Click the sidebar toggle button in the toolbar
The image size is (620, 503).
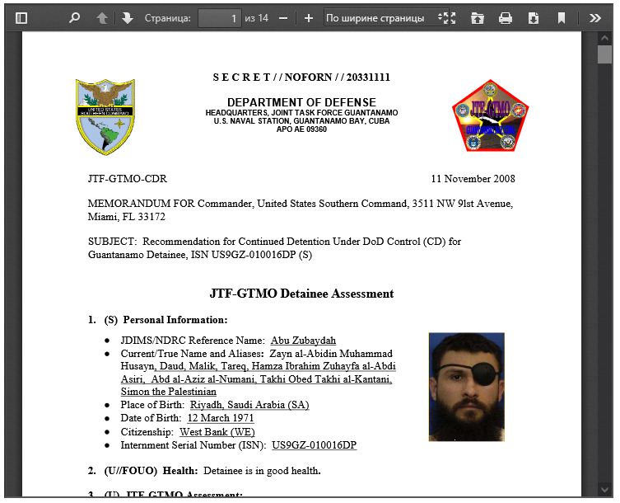(x=21, y=18)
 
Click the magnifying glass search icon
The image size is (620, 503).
(x=74, y=18)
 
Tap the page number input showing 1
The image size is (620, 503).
(x=219, y=18)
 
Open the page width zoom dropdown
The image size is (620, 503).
(x=380, y=18)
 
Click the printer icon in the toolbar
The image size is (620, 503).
(x=506, y=18)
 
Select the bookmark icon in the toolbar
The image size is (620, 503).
(x=562, y=18)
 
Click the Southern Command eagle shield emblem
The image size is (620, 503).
(x=105, y=116)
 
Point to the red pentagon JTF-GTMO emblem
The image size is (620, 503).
(x=490, y=116)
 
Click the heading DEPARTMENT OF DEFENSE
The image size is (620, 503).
(x=301, y=102)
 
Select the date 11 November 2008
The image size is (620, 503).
(x=473, y=179)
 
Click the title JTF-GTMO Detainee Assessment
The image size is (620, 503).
(x=301, y=294)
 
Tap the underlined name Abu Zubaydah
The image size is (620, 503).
(x=303, y=341)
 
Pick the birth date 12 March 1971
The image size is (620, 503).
(x=221, y=419)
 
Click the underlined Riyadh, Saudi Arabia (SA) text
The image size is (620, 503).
(x=249, y=406)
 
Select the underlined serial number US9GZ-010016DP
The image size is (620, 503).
(x=314, y=445)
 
